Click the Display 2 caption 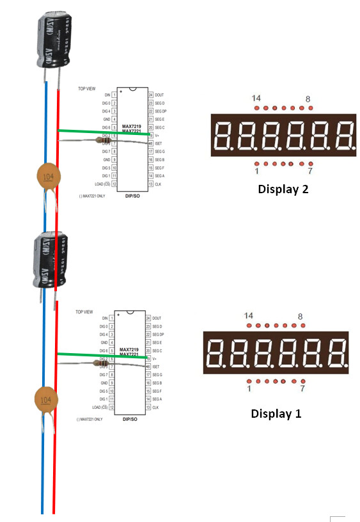tap(283, 189)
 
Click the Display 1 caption tap(276, 413)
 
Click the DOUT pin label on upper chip tap(159, 95)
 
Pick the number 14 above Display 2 tap(256, 98)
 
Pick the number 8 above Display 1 tap(301, 317)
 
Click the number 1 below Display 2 tap(256, 171)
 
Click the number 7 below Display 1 tap(302, 389)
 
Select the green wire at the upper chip tap(102, 132)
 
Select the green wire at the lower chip tap(102, 355)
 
